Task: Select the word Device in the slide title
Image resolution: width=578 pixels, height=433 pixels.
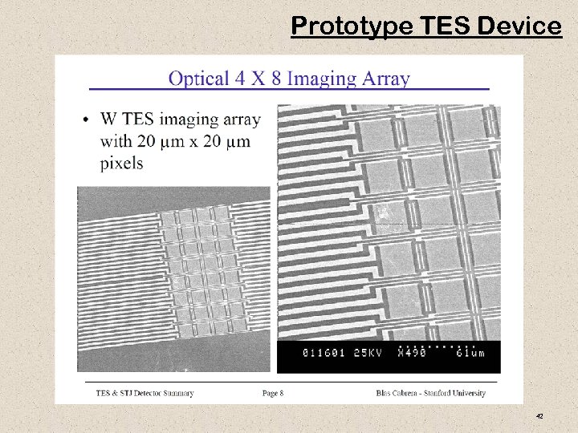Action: pos(520,26)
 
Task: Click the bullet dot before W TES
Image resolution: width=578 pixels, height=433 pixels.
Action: pos(86,120)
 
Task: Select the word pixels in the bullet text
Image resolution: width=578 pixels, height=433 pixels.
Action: pos(122,163)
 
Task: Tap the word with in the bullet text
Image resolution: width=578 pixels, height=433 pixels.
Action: pos(116,141)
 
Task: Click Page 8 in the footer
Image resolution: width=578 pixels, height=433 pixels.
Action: pos(272,393)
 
